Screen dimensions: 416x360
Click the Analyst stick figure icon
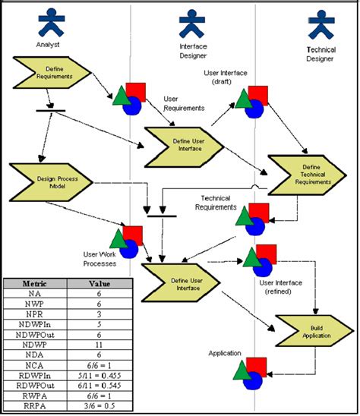[51, 22]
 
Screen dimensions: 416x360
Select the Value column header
[101, 282]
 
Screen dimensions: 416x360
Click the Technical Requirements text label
[220, 202]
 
